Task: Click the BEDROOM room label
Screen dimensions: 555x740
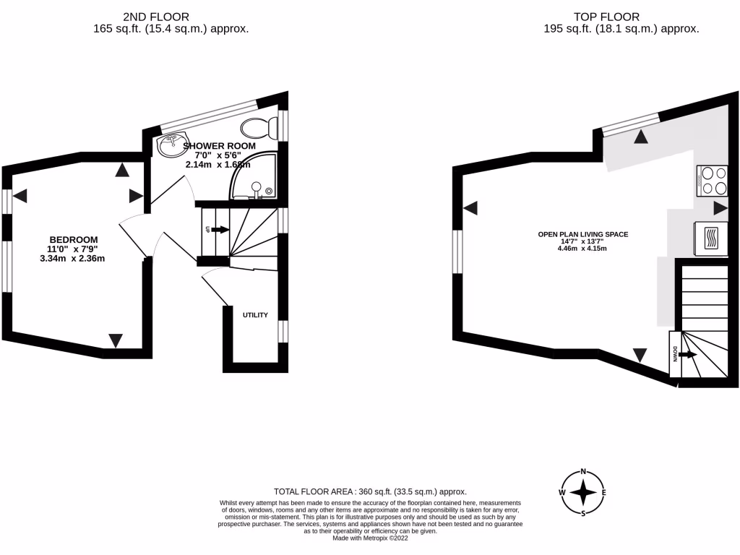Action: pyautogui.click(x=73, y=239)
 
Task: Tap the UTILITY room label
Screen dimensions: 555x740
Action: pyautogui.click(x=255, y=315)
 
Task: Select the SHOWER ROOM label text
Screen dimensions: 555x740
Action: pyautogui.click(x=219, y=145)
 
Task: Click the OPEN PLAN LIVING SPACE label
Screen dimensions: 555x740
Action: pyautogui.click(x=582, y=234)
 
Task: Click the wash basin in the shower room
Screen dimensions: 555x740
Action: pyautogui.click(x=172, y=144)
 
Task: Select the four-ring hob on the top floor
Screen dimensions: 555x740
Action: pyautogui.click(x=712, y=181)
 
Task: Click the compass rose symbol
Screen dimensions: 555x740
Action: pyautogui.click(x=582, y=493)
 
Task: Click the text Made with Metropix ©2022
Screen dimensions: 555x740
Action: pyautogui.click(x=369, y=538)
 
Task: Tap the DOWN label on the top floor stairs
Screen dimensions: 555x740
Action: pyautogui.click(x=674, y=355)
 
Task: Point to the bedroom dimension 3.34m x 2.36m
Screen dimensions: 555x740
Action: pyautogui.click(x=73, y=258)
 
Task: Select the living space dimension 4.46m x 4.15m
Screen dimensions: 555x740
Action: pyautogui.click(x=582, y=249)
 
